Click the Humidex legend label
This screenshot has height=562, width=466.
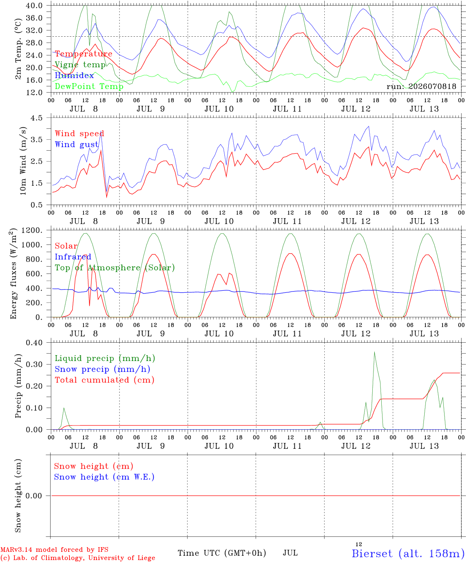[74, 75]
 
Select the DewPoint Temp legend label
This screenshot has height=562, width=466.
[89, 86]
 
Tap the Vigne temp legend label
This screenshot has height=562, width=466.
[80, 65]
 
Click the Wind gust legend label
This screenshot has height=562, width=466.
[77, 144]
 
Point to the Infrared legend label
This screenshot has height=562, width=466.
[73, 257]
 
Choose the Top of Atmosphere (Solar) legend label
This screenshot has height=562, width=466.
[115, 268]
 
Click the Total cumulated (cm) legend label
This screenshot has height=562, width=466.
[105, 380]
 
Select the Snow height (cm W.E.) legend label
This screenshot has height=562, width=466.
[104, 477]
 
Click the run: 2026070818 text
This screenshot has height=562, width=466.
[421, 86]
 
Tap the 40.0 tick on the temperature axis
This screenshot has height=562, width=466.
[34, 5]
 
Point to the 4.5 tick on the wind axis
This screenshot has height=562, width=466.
[36, 118]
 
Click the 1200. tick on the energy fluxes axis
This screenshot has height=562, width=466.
[32, 230]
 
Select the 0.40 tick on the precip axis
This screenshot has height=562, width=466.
[34, 343]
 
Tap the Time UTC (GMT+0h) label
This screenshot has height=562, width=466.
[222, 553]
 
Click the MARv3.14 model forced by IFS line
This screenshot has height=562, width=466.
[54, 550]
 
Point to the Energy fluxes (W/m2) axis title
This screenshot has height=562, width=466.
[13, 274]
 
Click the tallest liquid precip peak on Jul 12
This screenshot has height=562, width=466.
[374, 352]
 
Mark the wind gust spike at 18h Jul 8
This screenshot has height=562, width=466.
[101, 131]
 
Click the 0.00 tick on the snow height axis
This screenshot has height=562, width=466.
[34, 496]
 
